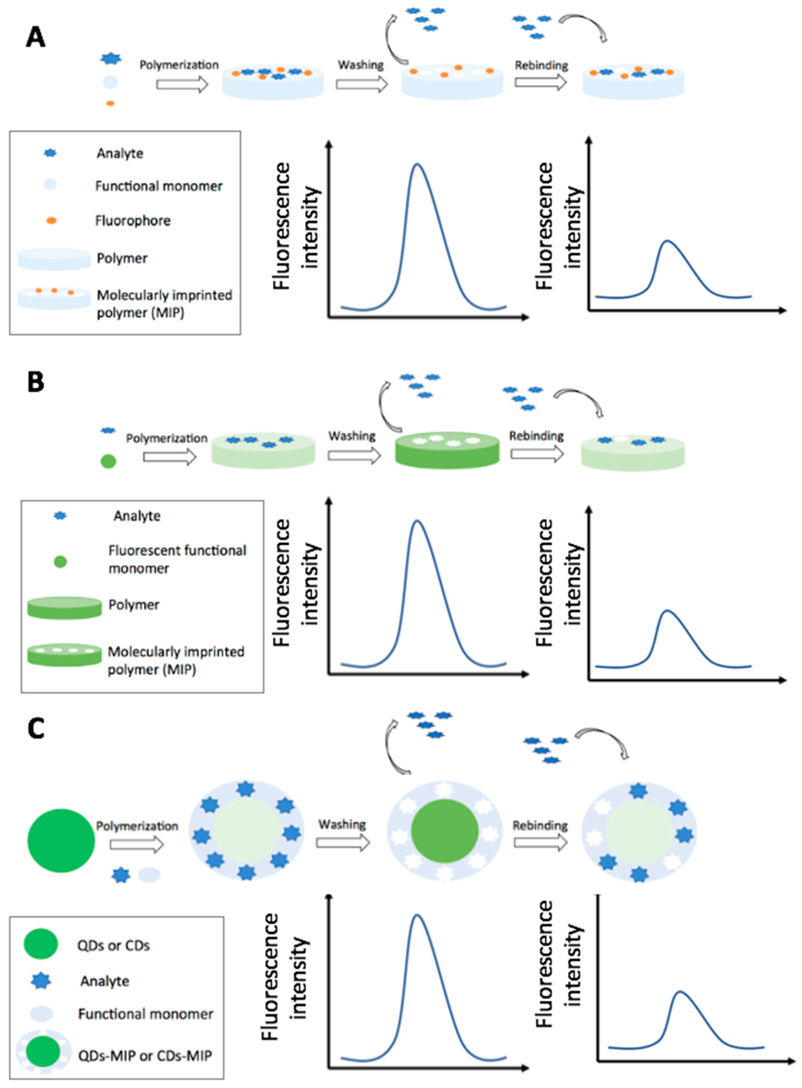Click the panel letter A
pyautogui.click(x=36, y=37)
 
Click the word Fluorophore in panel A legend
pyautogui.click(x=133, y=221)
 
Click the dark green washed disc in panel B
pyautogui.click(x=447, y=451)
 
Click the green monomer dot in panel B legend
pyautogui.click(x=60, y=562)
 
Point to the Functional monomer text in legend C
pyautogui.click(x=146, y=1014)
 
